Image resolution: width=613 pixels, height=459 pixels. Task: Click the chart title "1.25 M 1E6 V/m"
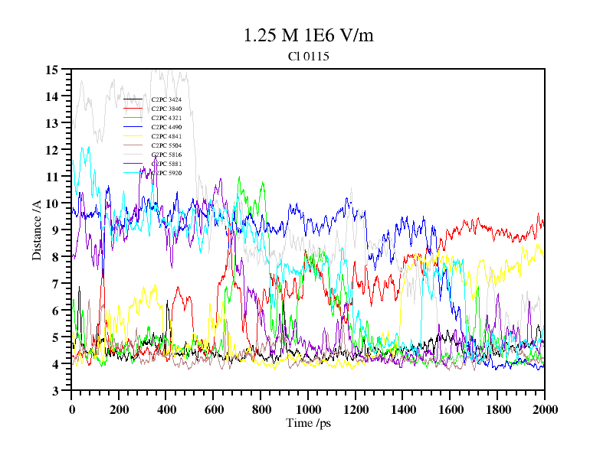point(308,35)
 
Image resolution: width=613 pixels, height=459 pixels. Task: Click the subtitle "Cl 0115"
point(308,56)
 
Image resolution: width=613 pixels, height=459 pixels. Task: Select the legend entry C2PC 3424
point(166,99)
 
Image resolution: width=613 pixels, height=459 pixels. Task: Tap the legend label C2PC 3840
point(166,109)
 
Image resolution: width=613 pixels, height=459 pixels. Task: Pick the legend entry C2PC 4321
point(166,118)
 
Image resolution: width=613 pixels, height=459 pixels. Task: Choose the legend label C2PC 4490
point(166,127)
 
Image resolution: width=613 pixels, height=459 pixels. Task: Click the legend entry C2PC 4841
point(166,136)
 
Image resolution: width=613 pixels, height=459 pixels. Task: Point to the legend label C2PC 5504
point(166,145)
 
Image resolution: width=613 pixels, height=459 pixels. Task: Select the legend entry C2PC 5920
point(166,173)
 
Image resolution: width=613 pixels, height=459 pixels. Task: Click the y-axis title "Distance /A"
point(37,230)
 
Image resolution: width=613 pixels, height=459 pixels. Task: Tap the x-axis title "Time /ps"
point(308,423)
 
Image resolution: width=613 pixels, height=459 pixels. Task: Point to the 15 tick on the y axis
point(52,70)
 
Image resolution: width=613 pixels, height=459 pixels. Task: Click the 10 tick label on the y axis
point(52,203)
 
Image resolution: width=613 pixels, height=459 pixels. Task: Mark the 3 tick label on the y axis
point(55,391)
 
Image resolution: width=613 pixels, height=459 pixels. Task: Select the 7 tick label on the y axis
point(55,284)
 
